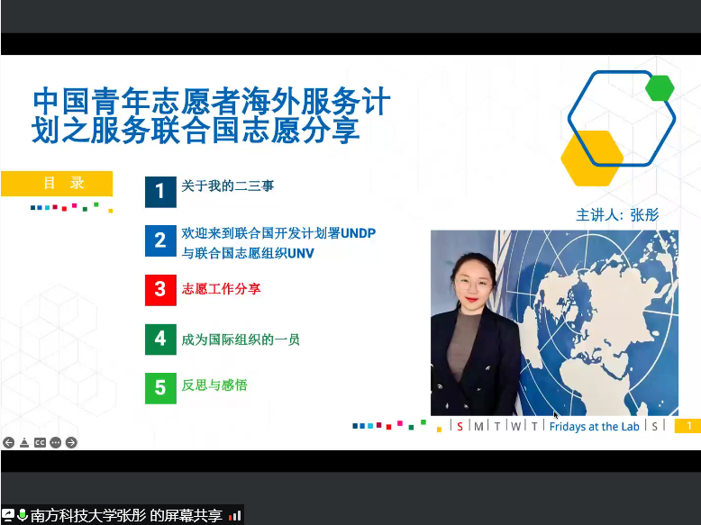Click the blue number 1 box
[160, 191]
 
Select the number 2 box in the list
[160, 240]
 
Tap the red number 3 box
[160, 290]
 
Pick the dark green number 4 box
[160, 339]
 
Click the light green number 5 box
[160, 388]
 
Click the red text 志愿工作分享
[222, 290]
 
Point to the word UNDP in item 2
[358, 233]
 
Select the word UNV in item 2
[300, 253]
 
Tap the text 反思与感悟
[214, 385]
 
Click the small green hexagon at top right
[660, 87]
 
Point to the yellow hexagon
[591, 158]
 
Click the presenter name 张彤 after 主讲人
[645, 214]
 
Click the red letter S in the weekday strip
[460, 426]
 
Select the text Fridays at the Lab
[594, 426]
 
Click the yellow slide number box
[687, 426]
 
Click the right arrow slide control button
[71, 442]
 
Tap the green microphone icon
[22, 515]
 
